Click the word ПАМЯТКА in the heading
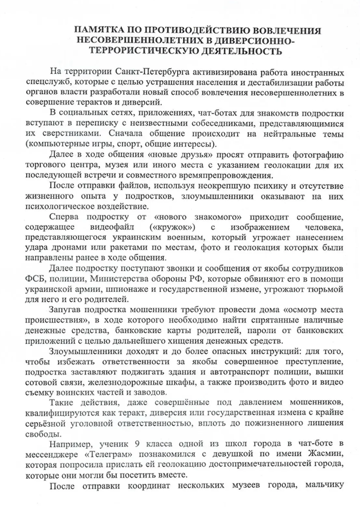[99, 31]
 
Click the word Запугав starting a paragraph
[66, 310]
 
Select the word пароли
[264, 331]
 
